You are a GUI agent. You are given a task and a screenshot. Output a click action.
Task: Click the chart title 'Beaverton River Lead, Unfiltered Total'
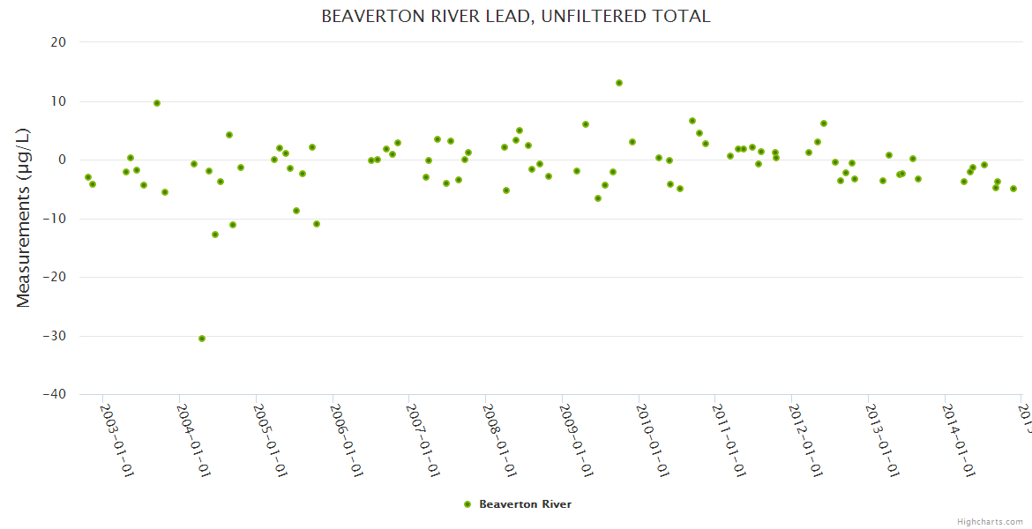tap(515, 16)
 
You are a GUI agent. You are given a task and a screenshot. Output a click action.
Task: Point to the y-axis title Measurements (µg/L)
tap(24, 218)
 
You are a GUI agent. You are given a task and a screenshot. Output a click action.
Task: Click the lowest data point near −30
tap(202, 339)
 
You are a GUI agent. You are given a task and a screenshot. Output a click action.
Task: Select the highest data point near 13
tap(619, 83)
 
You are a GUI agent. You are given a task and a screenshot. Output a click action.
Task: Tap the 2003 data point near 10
tap(157, 103)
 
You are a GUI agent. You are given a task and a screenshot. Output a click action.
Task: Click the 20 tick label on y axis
tap(58, 42)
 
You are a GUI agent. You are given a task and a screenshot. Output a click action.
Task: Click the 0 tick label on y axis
tap(62, 160)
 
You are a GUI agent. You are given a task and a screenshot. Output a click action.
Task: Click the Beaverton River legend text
tap(525, 504)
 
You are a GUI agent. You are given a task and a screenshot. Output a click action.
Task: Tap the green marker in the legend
tap(467, 504)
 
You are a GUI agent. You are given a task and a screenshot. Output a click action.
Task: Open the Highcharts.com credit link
tap(990, 521)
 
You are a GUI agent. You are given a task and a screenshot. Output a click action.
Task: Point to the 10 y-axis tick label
tap(58, 101)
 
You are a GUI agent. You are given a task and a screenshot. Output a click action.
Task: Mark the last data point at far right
tap(1013, 189)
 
